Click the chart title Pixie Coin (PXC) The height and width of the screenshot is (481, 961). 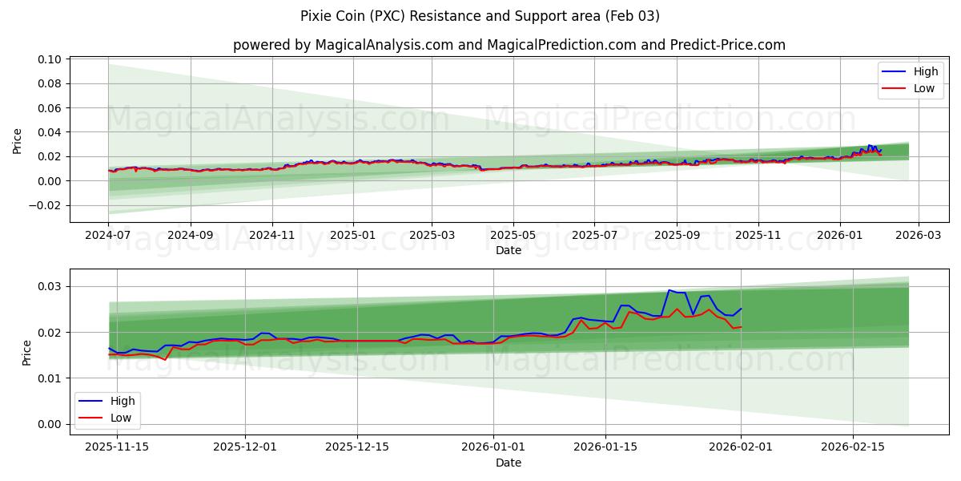[x=480, y=16]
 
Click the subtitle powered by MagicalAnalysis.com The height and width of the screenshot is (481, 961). [x=509, y=45]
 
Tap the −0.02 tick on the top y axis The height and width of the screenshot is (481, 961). [x=45, y=205]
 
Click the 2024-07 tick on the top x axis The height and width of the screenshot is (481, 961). [x=108, y=236]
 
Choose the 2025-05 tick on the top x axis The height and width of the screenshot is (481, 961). [x=513, y=236]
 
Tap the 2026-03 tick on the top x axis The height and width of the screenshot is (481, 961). [x=918, y=236]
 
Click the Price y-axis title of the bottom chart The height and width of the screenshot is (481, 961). [x=26, y=353]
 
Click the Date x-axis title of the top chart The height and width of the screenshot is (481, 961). [x=509, y=250]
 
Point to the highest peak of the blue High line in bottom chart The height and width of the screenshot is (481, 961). [x=669, y=290]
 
